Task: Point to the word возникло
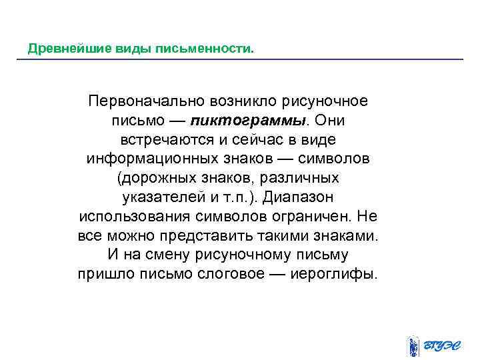pos(243,103)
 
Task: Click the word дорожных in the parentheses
pos(151,179)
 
